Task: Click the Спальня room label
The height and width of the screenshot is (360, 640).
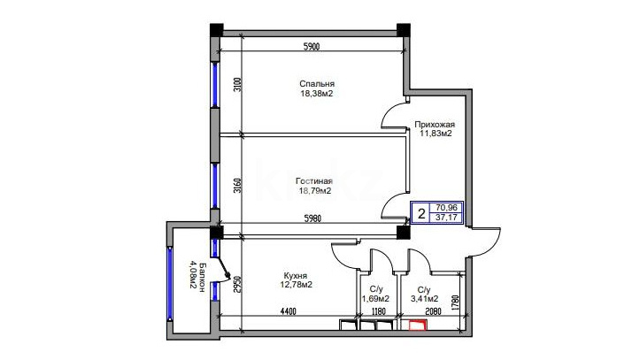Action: click(317, 83)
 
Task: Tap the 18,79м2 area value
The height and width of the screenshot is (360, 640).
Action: click(314, 191)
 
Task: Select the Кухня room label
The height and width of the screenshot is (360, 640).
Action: click(296, 276)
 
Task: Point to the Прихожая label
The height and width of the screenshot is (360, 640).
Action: click(435, 125)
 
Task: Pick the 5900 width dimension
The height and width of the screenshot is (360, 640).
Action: click(312, 47)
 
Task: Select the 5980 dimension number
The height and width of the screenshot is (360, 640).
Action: click(312, 218)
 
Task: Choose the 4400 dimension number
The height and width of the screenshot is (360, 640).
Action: click(288, 312)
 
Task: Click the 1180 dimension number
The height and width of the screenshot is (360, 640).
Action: click(378, 312)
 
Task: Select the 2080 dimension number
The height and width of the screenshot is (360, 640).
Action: click(433, 312)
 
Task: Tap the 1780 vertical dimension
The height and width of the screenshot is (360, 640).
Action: click(457, 303)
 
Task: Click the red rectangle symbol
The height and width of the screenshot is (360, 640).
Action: click(418, 326)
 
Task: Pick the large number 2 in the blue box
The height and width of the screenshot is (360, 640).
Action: click(421, 213)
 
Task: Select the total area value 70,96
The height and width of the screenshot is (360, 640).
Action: click(446, 208)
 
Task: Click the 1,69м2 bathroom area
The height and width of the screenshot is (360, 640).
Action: click(375, 299)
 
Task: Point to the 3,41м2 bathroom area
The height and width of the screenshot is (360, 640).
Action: click(425, 299)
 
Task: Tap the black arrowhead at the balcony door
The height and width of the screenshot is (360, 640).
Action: click(227, 277)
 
